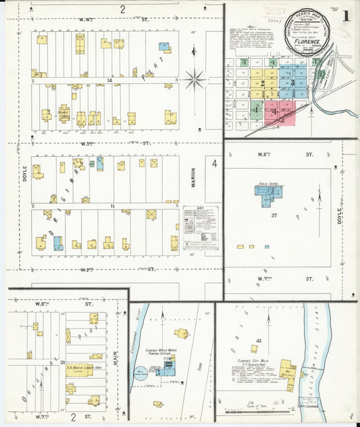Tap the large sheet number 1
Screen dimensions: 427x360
(x=346, y=16)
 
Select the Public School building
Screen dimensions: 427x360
(x=269, y=192)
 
